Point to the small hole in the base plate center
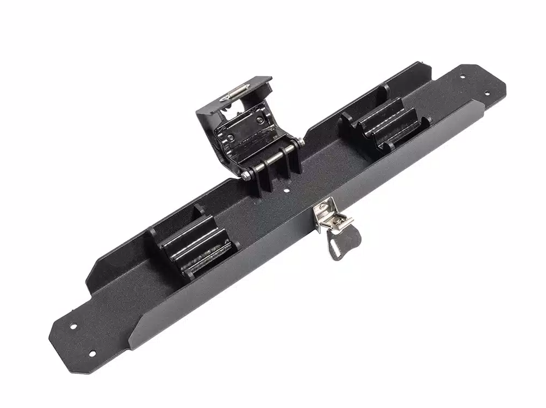coord(287,191)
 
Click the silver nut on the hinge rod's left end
coord(247,174)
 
